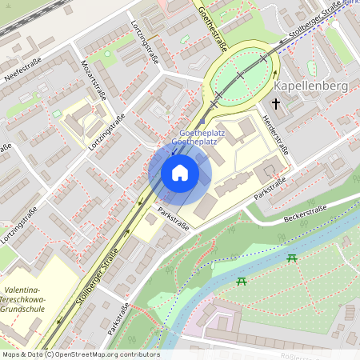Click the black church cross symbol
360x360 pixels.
click(x=277, y=103)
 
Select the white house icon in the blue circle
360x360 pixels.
click(x=180, y=173)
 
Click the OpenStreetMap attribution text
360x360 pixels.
click(x=81, y=354)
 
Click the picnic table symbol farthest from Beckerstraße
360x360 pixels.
click(x=241, y=281)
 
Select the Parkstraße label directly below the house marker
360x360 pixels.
click(x=173, y=218)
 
